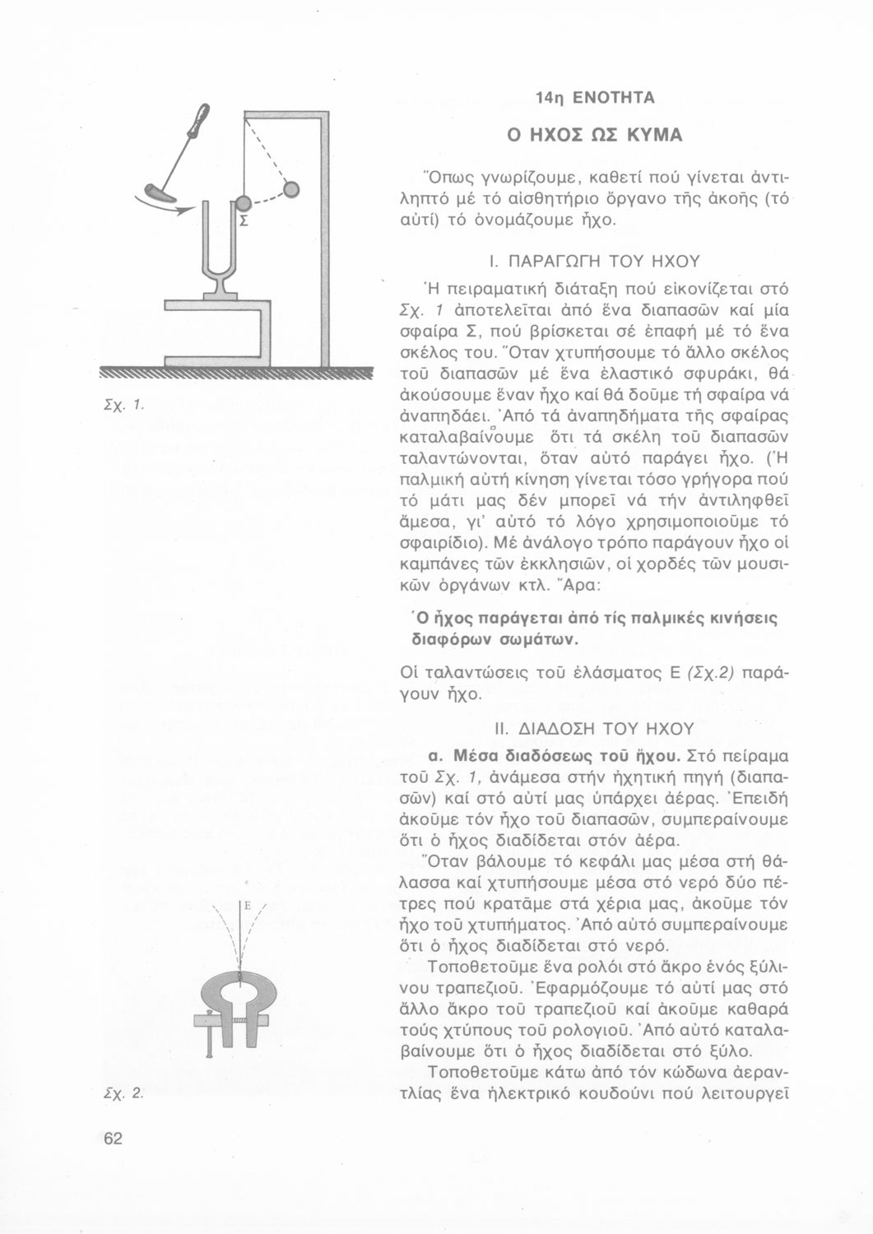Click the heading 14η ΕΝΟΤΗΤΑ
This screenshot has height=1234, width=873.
coord(595,98)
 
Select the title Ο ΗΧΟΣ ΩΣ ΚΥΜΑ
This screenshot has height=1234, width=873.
coord(595,134)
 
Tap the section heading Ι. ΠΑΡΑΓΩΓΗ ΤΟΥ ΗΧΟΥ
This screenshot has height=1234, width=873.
coord(594,262)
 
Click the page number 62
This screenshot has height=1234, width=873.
coord(113,1139)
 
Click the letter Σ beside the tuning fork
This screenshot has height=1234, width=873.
coord(244,222)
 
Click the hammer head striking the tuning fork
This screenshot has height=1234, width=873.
coord(158,194)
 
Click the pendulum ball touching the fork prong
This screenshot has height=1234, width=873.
coord(243,205)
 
